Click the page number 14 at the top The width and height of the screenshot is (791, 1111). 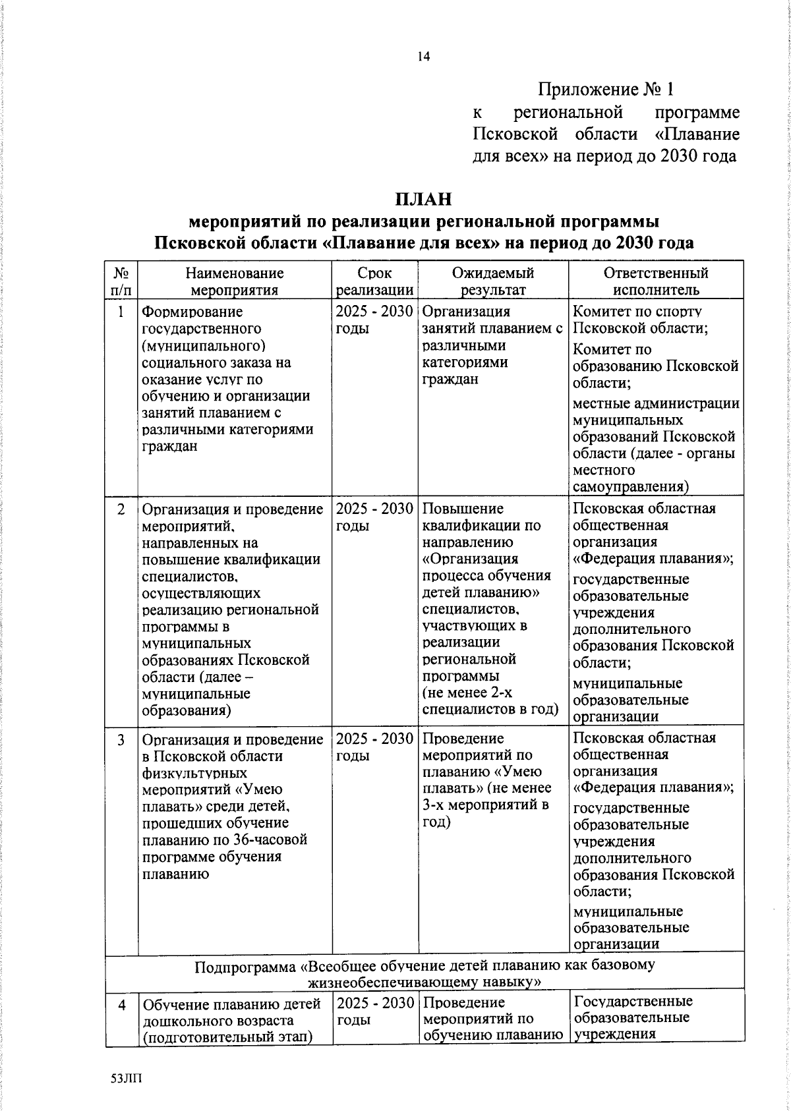[423, 57]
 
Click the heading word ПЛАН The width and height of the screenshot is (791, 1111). [423, 198]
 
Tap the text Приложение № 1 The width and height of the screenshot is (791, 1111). [606, 90]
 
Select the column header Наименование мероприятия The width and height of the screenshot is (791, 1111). [234, 281]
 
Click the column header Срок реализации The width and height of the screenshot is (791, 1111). [374, 281]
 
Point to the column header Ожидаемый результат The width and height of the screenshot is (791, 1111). [493, 281]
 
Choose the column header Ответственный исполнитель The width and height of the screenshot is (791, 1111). [655, 281]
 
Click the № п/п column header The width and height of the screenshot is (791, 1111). [121, 281]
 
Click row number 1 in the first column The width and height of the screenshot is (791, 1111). [121, 312]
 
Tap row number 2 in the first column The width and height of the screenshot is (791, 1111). [121, 509]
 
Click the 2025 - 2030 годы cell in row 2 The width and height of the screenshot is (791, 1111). [374, 517]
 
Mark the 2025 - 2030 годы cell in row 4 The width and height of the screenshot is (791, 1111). [374, 1011]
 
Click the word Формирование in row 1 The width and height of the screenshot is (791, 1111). [192, 312]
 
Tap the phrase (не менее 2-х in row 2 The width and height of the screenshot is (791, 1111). [467, 693]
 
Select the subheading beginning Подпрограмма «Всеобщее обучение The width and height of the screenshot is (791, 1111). [425, 973]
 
